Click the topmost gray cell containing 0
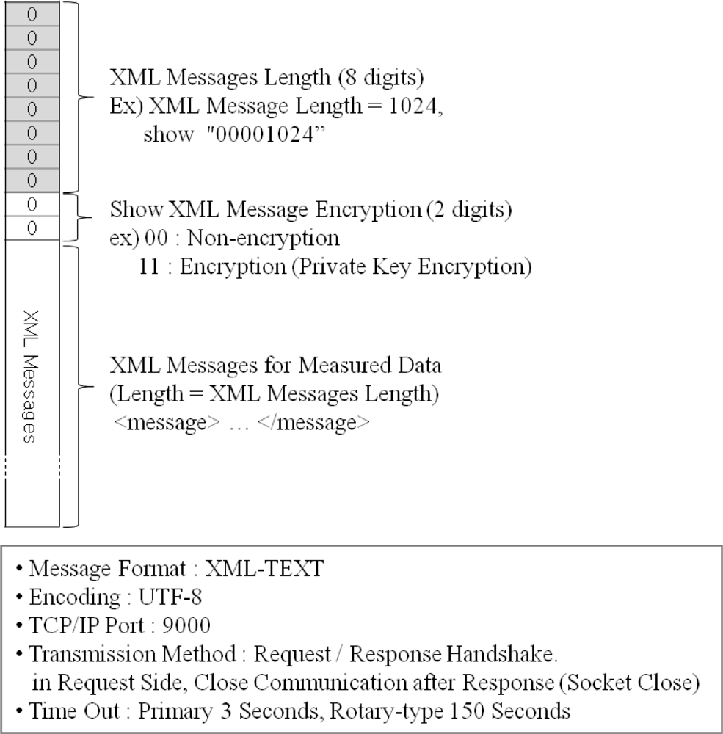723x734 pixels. [31, 15]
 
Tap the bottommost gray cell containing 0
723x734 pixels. [31, 181]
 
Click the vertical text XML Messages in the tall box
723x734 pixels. [30, 376]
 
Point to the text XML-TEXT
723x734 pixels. [263, 570]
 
